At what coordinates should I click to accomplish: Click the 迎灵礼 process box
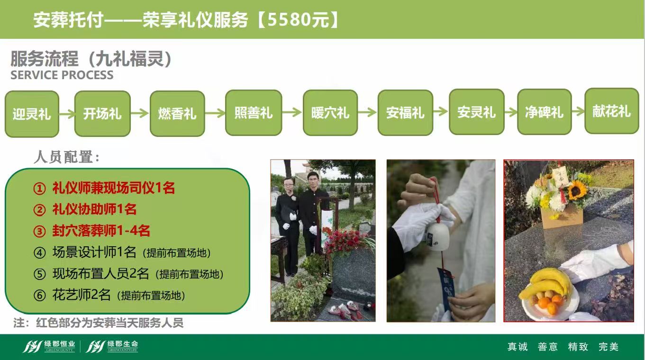click(x=32, y=114)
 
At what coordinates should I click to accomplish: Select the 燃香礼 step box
click(x=177, y=113)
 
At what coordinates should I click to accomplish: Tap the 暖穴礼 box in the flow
click(x=330, y=113)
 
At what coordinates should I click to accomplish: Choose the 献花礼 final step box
click(x=612, y=111)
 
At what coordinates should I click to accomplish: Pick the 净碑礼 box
click(x=544, y=112)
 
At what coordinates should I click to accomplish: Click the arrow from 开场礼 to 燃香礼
click(x=140, y=113)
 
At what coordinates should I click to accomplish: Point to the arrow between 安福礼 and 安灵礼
click(x=441, y=111)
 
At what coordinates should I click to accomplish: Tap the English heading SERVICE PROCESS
click(x=62, y=75)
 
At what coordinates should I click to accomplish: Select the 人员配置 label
click(x=67, y=157)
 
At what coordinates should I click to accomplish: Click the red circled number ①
click(x=39, y=189)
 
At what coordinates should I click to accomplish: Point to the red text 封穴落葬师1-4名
click(x=101, y=231)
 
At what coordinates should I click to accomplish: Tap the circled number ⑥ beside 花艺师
click(x=39, y=295)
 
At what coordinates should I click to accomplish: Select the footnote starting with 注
click(x=98, y=323)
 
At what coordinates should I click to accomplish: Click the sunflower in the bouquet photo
click(x=577, y=191)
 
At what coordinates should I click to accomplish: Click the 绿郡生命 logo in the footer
click(x=112, y=346)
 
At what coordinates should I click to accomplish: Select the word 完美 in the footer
click(x=609, y=347)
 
